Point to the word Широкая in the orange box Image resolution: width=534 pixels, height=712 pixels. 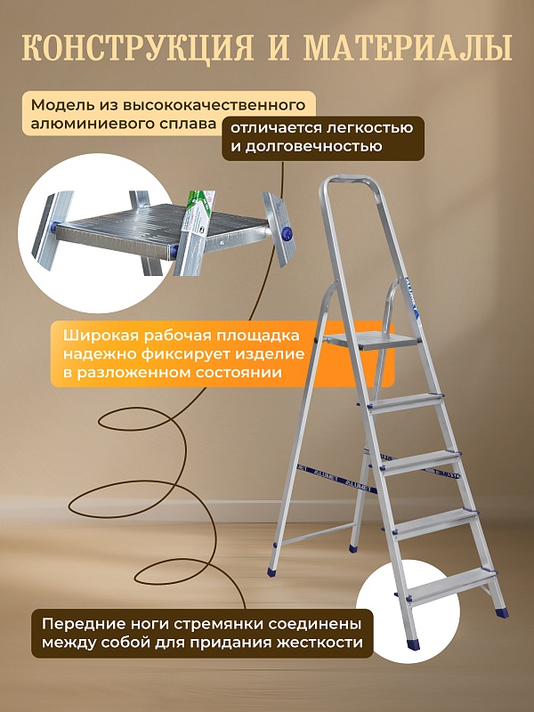pyautogui.click(x=99, y=336)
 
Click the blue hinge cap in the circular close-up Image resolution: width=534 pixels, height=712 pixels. pyautogui.click(x=287, y=233)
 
